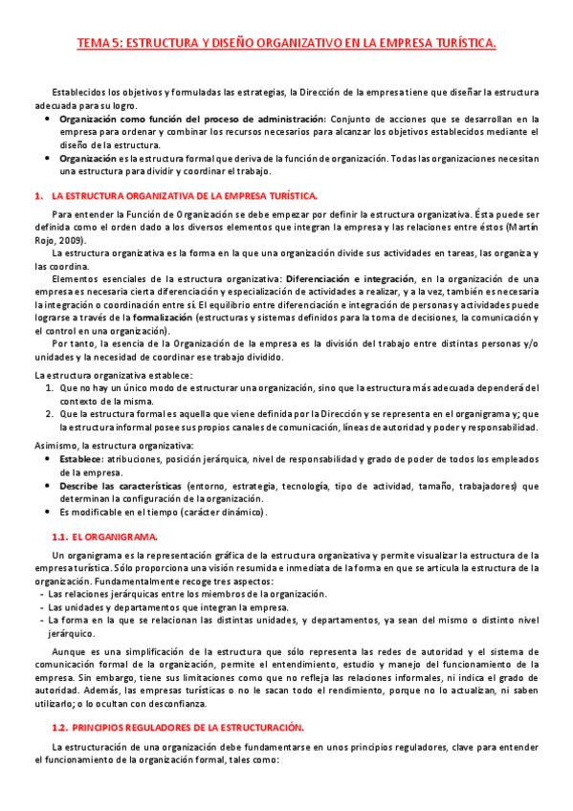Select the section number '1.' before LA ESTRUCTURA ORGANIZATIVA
(x=38, y=194)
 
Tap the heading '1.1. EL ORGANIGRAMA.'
(x=104, y=537)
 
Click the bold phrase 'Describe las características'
(x=121, y=485)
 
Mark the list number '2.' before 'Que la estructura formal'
(x=51, y=414)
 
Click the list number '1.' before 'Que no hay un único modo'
(x=51, y=387)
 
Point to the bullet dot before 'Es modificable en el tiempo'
(x=48, y=513)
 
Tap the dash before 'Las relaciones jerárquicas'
(x=40, y=593)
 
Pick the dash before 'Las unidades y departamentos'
(x=40, y=606)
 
